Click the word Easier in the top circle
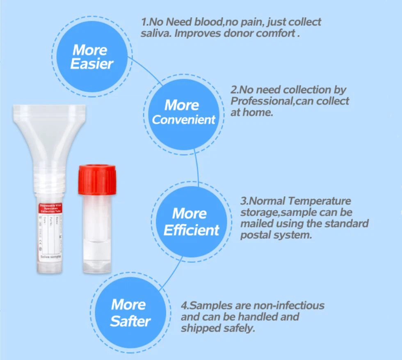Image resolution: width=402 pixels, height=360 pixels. (92, 64)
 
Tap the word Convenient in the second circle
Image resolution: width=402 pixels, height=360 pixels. (184, 120)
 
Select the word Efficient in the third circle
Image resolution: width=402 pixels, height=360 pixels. (192, 230)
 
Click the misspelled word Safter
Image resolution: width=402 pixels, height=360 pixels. (130, 321)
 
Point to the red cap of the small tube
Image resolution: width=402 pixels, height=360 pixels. (97, 179)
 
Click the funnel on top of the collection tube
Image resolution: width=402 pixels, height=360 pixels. (49, 131)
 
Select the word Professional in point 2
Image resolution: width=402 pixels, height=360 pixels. (261, 101)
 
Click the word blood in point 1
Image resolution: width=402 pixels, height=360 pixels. (203, 22)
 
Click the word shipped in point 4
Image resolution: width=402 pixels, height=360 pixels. (200, 328)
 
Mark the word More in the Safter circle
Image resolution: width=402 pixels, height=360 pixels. (128, 305)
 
